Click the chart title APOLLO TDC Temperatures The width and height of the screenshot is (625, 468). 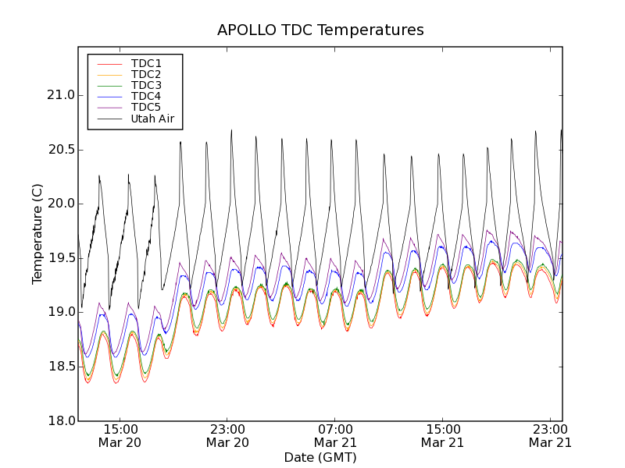click(x=320, y=30)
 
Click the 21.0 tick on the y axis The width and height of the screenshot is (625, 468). click(x=59, y=95)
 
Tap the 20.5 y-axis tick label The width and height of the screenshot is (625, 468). click(x=59, y=150)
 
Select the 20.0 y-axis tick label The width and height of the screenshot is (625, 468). click(x=59, y=204)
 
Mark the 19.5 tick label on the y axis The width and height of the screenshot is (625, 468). click(x=59, y=258)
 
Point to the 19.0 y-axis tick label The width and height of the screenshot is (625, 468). click(x=59, y=312)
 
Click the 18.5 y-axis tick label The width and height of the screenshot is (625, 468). click(x=59, y=367)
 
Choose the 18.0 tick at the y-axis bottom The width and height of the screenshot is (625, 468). click(x=59, y=420)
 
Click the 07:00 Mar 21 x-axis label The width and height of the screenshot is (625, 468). click(x=335, y=435)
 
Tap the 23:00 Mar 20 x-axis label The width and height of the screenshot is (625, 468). click(x=227, y=435)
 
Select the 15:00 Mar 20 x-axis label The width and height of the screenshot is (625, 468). click(x=120, y=435)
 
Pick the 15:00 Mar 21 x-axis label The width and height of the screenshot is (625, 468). click(x=443, y=435)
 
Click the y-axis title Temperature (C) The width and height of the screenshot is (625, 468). click(x=37, y=234)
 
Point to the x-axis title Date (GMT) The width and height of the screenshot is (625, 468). click(x=320, y=457)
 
